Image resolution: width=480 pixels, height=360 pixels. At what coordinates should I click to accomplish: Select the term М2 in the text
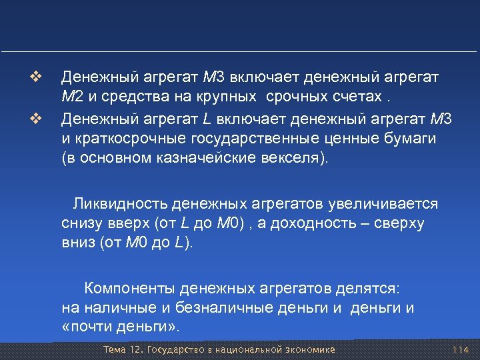point(71,97)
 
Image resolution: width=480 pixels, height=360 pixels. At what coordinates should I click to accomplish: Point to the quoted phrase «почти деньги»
point(120,328)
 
